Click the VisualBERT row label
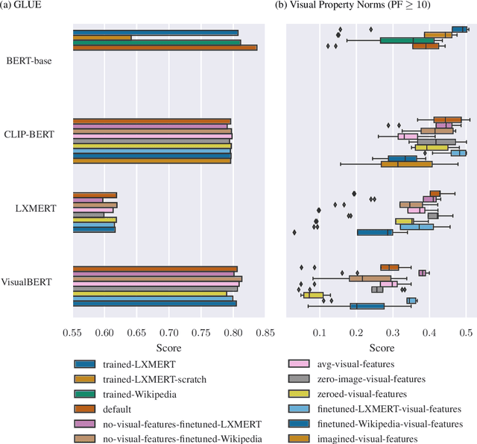32,283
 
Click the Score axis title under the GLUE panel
169,348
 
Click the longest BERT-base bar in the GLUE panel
165,48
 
